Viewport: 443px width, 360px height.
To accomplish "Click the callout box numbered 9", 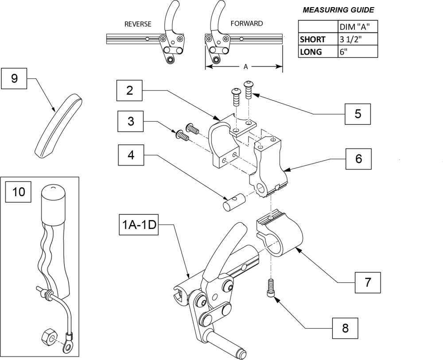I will (x=14, y=78).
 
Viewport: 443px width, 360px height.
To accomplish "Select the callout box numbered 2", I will (x=129, y=90).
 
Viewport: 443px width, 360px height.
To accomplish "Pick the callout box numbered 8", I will (x=345, y=328).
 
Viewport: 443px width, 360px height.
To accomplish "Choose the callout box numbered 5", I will (x=358, y=114).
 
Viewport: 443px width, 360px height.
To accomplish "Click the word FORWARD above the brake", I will (x=247, y=23).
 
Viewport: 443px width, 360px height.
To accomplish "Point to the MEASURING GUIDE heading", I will (x=338, y=9).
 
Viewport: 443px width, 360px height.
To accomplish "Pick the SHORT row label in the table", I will (x=313, y=39).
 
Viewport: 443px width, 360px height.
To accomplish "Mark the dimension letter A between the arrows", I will (x=245, y=66).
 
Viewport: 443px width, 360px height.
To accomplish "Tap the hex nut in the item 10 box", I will (x=47, y=339).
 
